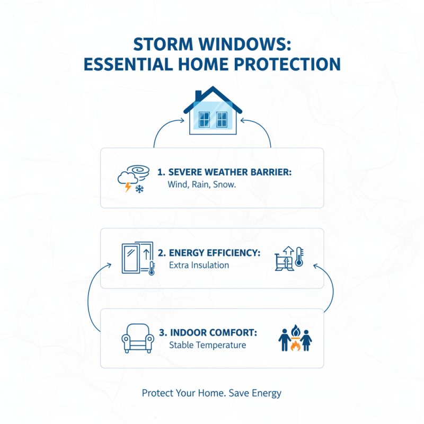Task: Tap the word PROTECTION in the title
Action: [x=284, y=64]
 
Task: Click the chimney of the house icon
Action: [x=198, y=95]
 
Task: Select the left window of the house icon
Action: [x=204, y=119]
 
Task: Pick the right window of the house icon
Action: [x=222, y=119]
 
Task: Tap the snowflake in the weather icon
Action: [x=140, y=189]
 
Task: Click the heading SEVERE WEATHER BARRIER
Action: [x=225, y=172]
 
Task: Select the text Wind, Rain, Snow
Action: [x=194, y=185]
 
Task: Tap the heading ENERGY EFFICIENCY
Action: [x=215, y=253]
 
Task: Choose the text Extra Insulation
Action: [x=199, y=265]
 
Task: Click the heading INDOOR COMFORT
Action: [x=208, y=333]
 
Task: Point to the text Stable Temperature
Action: [x=208, y=346]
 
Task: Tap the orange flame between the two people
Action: [x=295, y=346]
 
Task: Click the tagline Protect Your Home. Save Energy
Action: [x=211, y=393]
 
